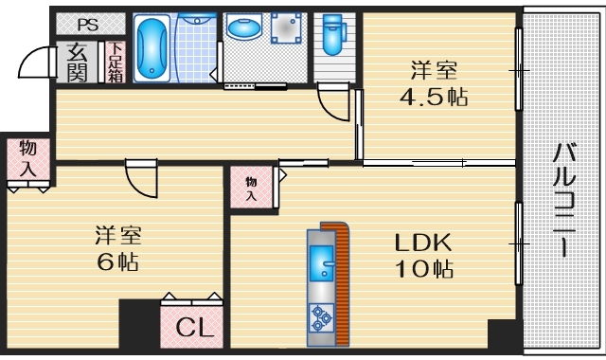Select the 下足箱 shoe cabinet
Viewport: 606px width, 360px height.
pos(114,61)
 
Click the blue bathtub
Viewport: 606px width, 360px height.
pos(151,49)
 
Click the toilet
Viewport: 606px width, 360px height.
pos(332,36)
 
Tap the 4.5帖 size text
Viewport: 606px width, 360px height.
pos(436,97)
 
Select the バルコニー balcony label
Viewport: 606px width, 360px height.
pos(565,200)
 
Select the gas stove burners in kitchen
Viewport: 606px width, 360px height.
pos(321,318)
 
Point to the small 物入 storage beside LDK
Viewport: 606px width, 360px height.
pos(252,189)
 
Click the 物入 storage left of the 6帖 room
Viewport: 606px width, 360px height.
pos(28,159)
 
